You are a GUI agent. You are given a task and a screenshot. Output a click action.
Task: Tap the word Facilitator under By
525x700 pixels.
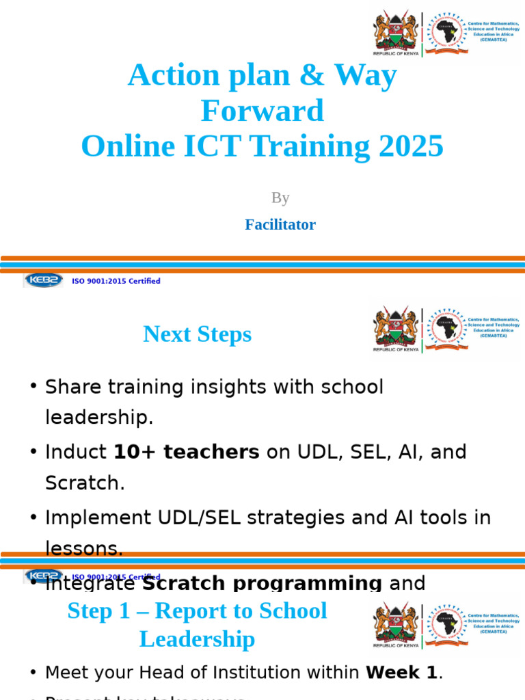click(280, 224)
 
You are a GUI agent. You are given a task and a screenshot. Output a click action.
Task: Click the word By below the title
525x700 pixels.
click(280, 198)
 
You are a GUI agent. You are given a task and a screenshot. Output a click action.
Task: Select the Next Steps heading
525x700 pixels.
click(197, 334)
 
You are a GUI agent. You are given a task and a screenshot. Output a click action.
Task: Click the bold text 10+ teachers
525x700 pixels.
click(186, 452)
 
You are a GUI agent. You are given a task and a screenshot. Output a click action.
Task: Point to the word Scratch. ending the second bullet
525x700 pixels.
click(85, 483)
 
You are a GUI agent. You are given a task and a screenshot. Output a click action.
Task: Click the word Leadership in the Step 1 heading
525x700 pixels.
click(197, 639)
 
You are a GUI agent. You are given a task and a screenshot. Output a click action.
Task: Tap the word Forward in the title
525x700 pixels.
click(262, 111)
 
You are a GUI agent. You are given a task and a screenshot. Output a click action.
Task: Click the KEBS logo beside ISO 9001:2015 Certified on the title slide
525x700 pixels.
click(44, 280)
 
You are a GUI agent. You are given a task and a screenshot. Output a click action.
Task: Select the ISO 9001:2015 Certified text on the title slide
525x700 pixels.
click(116, 281)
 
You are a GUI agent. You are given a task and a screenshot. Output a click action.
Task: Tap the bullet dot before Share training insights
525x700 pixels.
click(33, 387)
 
